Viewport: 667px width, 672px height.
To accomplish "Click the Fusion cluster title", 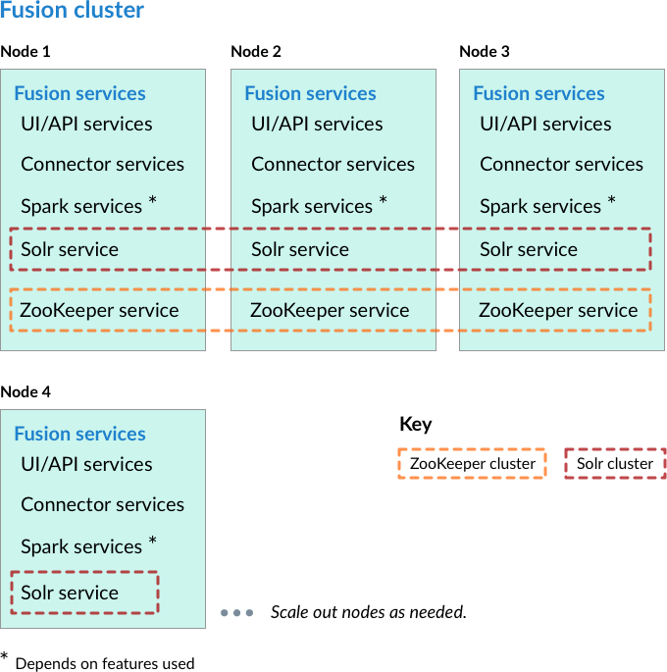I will click(x=73, y=11).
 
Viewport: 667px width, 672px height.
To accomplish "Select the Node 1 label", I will click(x=26, y=51).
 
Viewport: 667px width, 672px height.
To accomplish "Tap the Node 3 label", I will click(x=485, y=51).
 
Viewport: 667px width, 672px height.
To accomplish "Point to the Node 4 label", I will click(x=26, y=391).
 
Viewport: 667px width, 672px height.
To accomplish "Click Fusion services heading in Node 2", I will click(x=310, y=94).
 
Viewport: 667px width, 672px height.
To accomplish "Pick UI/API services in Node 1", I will click(x=86, y=125).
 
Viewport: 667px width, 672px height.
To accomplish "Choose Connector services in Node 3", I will click(x=561, y=165).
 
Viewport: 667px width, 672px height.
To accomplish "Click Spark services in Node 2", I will click(x=312, y=207).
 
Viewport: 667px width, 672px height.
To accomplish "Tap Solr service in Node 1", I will click(x=70, y=250).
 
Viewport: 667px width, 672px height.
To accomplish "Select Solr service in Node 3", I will click(x=529, y=250).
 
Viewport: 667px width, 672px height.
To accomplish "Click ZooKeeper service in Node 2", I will click(x=330, y=311).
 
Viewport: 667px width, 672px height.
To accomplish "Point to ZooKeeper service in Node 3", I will click(x=558, y=311).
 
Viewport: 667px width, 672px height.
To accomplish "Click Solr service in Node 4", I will click(x=70, y=593).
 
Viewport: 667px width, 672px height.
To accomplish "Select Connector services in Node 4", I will click(x=102, y=505).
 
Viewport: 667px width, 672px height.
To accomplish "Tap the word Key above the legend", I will click(x=416, y=425).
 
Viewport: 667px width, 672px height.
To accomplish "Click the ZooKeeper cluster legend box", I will click(x=472, y=464).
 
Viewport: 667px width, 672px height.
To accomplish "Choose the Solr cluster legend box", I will click(x=614, y=464).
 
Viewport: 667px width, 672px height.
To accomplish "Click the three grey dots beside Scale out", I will click(x=237, y=613).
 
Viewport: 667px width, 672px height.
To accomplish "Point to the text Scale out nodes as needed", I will click(x=368, y=613).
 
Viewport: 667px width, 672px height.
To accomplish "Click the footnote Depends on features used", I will click(x=104, y=663).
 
